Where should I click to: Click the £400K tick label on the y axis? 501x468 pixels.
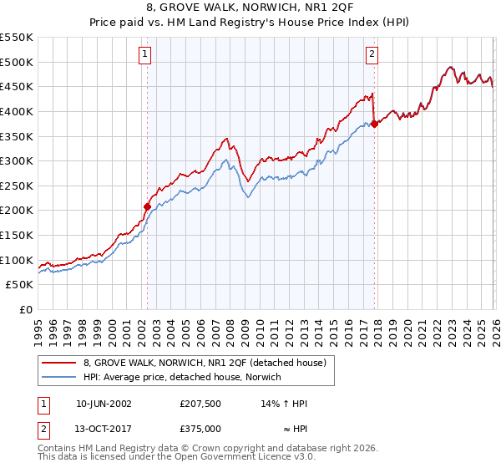[17, 111]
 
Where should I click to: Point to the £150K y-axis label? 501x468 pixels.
[17, 235]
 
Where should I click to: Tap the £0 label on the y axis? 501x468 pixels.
[25, 309]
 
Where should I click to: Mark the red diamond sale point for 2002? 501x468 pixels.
[148, 206]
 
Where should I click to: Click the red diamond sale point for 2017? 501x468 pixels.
[374, 124]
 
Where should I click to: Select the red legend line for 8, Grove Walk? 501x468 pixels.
[59, 363]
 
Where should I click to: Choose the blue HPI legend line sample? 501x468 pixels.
[59, 377]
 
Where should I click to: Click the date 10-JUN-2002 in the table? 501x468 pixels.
[104, 404]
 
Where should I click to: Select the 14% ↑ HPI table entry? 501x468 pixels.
[285, 404]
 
